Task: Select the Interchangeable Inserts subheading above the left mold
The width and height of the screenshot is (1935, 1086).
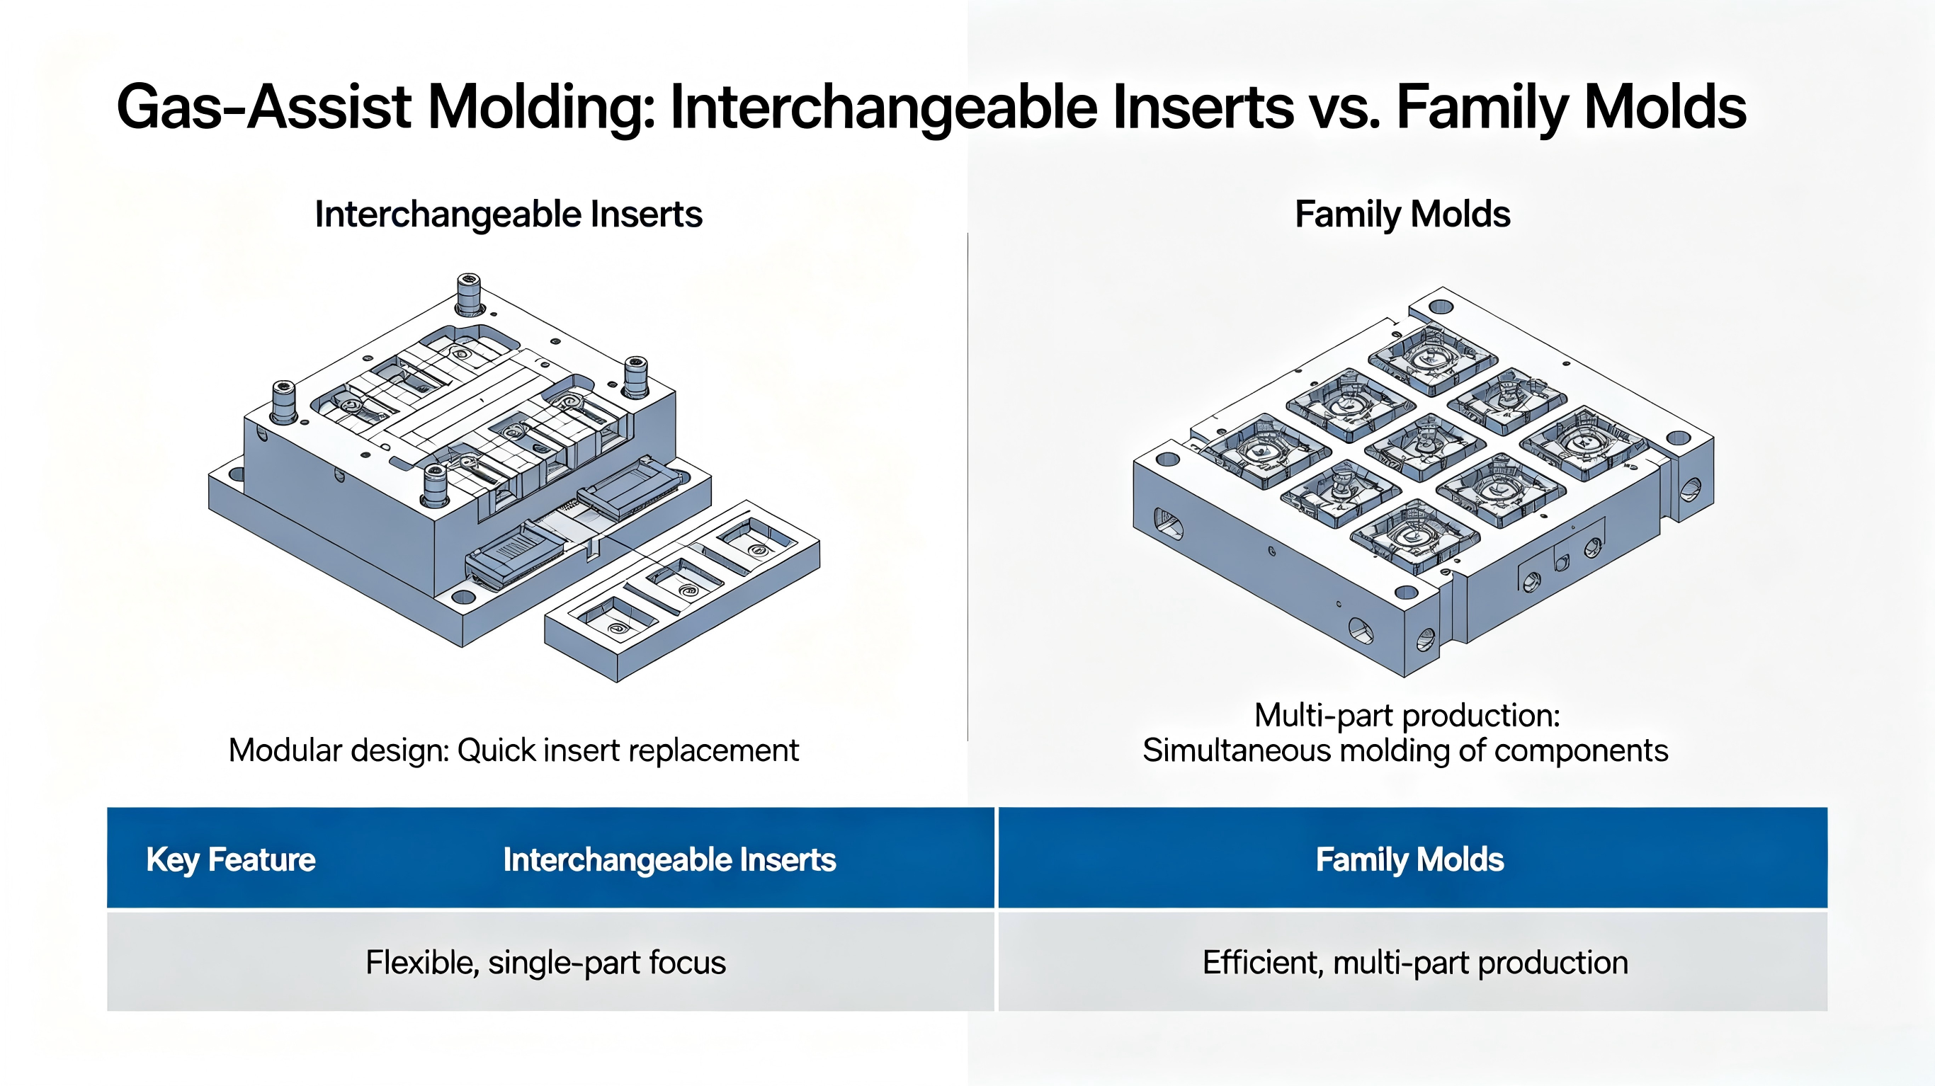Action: pyautogui.click(x=509, y=214)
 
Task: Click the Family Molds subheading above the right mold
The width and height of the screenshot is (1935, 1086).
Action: pyautogui.click(x=1402, y=214)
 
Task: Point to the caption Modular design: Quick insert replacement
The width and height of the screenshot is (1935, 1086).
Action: pyautogui.click(x=513, y=750)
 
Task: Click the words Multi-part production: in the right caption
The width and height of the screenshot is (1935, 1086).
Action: pyautogui.click(x=1407, y=715)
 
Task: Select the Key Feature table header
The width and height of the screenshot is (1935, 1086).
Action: pyautogui.click(x=231, y=860)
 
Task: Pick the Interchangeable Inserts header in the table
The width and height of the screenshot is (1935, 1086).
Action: pyautogui.click(x=669, y=860)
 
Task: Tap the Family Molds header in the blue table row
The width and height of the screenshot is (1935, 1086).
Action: pyautogui.click(x=1410, y=860)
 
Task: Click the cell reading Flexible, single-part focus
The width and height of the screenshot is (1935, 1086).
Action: pyautogui.click(x=546, y=963)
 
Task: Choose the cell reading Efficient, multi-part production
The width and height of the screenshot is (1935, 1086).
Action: pyautogui.click(x=1415, y=963)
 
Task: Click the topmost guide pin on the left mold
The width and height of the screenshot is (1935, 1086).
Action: pyautogui.click(x=469, y=295)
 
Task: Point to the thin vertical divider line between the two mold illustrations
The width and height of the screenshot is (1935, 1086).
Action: pyautogui.click(x=967, y=486)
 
